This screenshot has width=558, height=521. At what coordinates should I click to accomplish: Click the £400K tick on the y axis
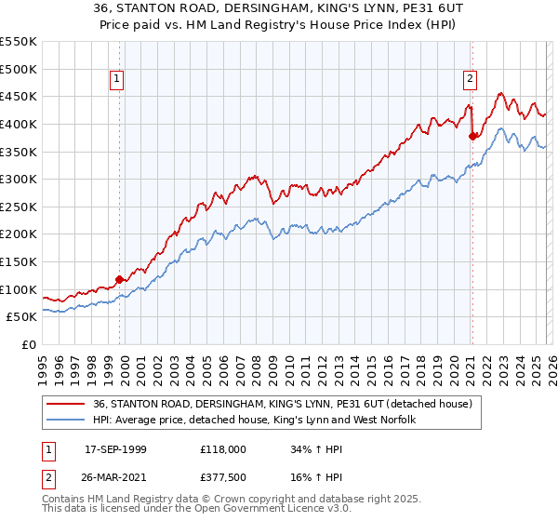click(x=19, y=124)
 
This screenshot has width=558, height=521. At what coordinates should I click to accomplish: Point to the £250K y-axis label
click(x=19, y=207)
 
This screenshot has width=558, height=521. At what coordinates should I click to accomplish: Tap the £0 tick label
click(x=29, y=344)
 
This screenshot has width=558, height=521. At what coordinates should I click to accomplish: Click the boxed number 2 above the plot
click(x=471, y=80)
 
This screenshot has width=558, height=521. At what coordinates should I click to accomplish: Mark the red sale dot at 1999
click(x=119, y=279)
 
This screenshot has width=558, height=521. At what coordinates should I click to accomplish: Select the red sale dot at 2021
click(x=472, y=136)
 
